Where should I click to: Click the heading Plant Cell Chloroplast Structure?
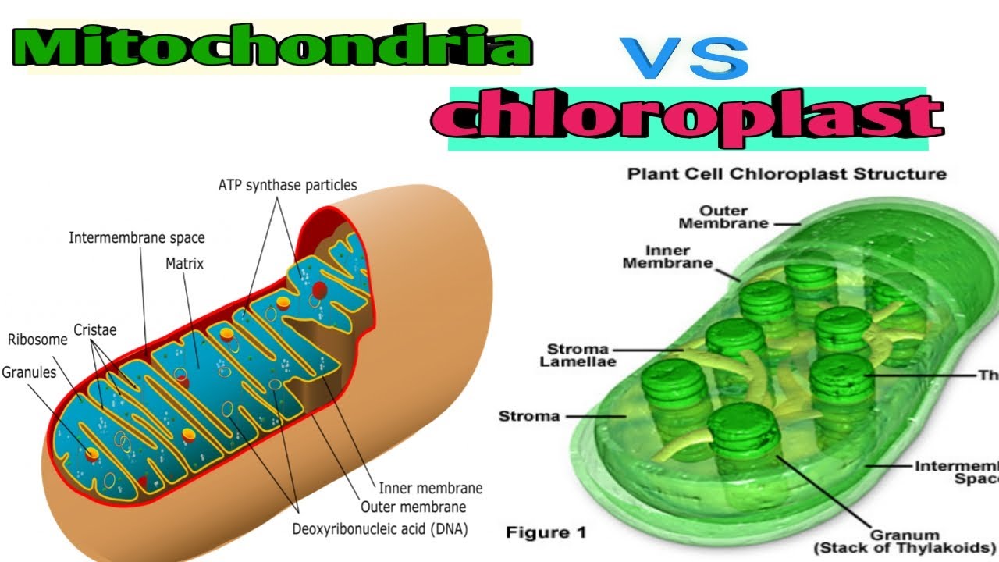tap(787, 173)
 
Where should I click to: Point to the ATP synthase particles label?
tap(286, 186)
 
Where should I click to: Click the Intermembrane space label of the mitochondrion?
tap(137, 237)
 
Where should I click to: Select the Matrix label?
tap(184, 264)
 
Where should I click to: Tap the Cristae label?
tap(95, 330)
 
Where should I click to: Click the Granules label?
tap(29, 372)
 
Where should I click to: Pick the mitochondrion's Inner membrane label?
tap(430, 489)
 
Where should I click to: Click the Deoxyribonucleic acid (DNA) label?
tap(379, 529)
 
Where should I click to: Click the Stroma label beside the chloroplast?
tap(529, 416)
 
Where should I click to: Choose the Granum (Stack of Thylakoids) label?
tap(905, 541)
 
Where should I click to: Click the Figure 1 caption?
tap(546, 532)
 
